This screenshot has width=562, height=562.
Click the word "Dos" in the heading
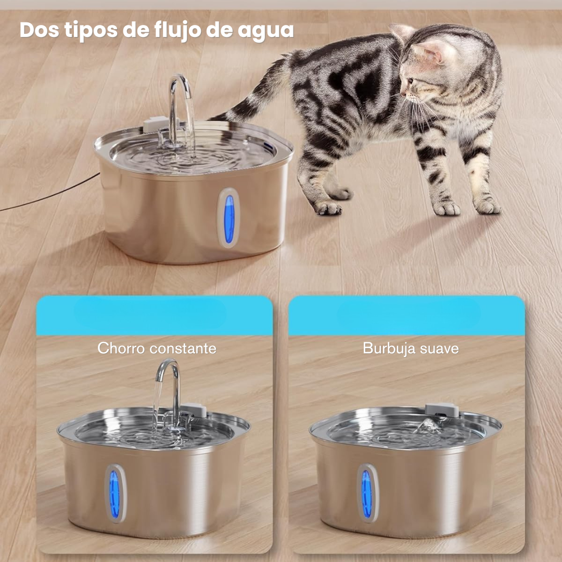[40, 30]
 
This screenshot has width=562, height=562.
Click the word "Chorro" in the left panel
[121, 348]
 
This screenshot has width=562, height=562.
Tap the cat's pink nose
[402, 94]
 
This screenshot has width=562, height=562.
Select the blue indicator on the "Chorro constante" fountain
[114, 494]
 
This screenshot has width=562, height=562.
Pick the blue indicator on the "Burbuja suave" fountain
[366, 494]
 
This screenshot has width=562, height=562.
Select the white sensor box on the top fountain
[157, 124]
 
